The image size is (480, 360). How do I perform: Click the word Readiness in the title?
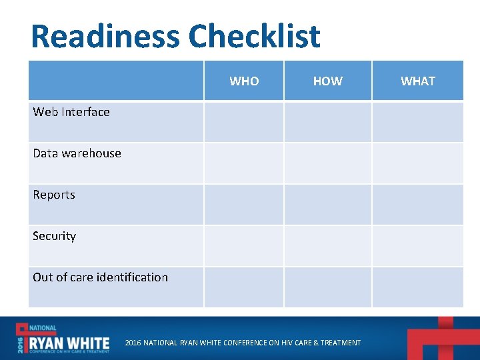pyautogui.click(x=105, y=36)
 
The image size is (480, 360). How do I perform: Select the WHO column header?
pyautogui.click(x=244, y=81)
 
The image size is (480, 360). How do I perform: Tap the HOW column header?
pyautogui.click(x=327, y=81)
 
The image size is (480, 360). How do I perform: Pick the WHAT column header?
pyautogui.click(x=418, y=81)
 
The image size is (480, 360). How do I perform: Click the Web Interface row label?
pyautogui.click(x=71, y=112)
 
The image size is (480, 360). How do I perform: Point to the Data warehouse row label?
pyautogui.click(x=77, y=153)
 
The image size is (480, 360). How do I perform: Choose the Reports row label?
pyautogui.click(x=54, y=195)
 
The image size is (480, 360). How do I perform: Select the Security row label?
pyautogui.click(x=54, y=236)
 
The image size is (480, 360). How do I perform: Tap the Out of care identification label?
pyautogui.click(x=100, y=277)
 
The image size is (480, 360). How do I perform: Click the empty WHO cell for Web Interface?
pyautogui.click(x=244, y=121)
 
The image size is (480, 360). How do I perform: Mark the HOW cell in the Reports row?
pyautogui.click(x=327, y=204)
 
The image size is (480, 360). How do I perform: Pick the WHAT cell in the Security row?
pyautogui.click(x=418, y=245)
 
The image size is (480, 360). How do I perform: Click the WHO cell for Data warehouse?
pyautogui.click(x=244, y=163)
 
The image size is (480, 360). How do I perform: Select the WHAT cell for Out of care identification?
pyautogui.click(x=418, y=287)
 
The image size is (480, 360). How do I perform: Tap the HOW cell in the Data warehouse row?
pyautogui.click(x=327, y=163)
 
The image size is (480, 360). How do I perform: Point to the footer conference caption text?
pyautogui.click(x=243, y=343)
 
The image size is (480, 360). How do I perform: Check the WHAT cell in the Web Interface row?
pyautogui.click(x=418, y=121)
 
